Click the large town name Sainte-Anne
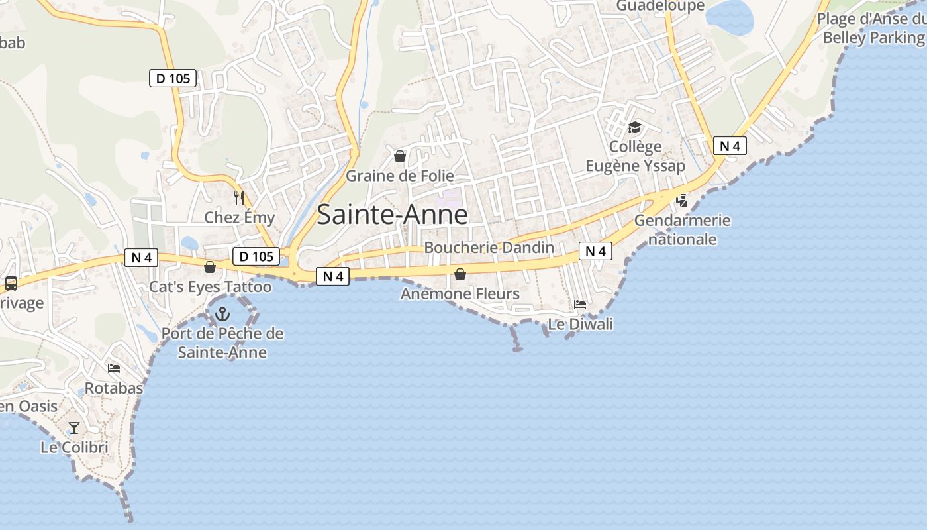click(392, 215)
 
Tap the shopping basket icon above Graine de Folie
click(400, 156)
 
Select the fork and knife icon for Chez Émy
click(239, 197)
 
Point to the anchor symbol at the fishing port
click(222, 313)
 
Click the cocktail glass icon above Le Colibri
click(74, 427)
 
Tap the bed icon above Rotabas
click(114, 368)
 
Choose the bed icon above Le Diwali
click(580, 305)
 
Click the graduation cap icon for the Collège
click(635, 127)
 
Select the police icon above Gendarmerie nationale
click(681, 200)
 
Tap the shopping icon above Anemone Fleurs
click(460, 274)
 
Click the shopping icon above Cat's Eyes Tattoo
click(210, 267)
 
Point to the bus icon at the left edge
click(11, 284)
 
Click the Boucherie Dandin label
click(489, 248)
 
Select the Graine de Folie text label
click(400, 176)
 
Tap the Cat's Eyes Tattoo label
click(210, 287)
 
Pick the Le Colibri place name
click(74, 447)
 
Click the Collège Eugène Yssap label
click(635, 156)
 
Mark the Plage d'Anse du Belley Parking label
click(873, 28)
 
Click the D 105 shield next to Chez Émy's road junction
click(256, 256)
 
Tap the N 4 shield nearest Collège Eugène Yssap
click(730, 146)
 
